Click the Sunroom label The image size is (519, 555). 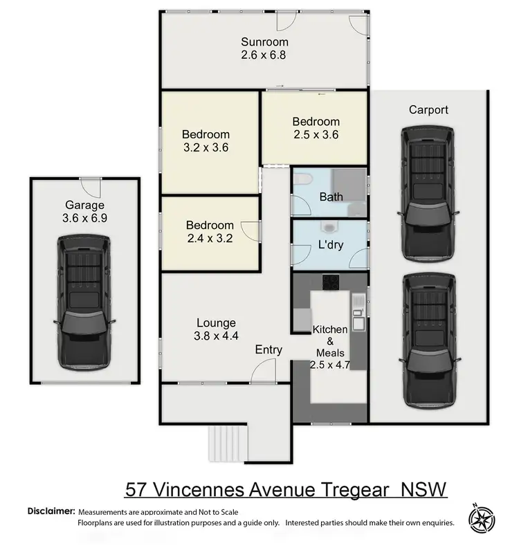tap(264, 41)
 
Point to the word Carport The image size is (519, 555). tap(428, 110)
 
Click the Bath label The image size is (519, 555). tap(331, 197)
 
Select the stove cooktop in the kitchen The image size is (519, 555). tap(330, 282)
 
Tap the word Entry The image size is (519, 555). tap(268, 350)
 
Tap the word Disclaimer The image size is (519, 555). tap(51, 511)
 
